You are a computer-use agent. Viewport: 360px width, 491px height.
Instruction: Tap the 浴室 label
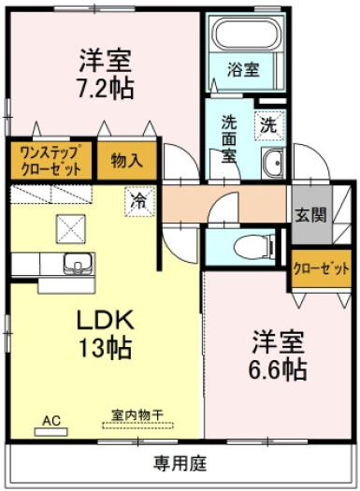243,69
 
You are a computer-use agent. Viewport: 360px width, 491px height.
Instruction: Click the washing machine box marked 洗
270,126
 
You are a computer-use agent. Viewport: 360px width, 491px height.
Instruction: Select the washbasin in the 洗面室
273,163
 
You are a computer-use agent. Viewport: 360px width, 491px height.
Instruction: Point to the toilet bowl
253,247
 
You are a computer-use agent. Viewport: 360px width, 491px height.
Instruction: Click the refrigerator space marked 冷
139,201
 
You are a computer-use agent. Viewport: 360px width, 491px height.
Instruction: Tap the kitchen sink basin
79,262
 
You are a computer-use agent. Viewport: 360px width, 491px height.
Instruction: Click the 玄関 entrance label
310,215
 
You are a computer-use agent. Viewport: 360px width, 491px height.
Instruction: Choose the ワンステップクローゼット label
50,161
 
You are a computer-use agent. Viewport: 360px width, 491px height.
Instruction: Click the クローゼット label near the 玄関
321,268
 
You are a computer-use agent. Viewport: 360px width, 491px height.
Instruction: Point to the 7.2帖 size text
106,89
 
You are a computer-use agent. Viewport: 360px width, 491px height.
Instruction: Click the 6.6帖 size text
278,369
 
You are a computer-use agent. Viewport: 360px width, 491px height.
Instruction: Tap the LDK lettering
106,320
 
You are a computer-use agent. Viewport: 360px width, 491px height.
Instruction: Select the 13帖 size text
105,348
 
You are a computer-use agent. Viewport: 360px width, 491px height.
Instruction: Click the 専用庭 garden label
180,464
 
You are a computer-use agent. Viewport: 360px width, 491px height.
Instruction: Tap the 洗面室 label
229,139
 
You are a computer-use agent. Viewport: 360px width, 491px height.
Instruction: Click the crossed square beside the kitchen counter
71,229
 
